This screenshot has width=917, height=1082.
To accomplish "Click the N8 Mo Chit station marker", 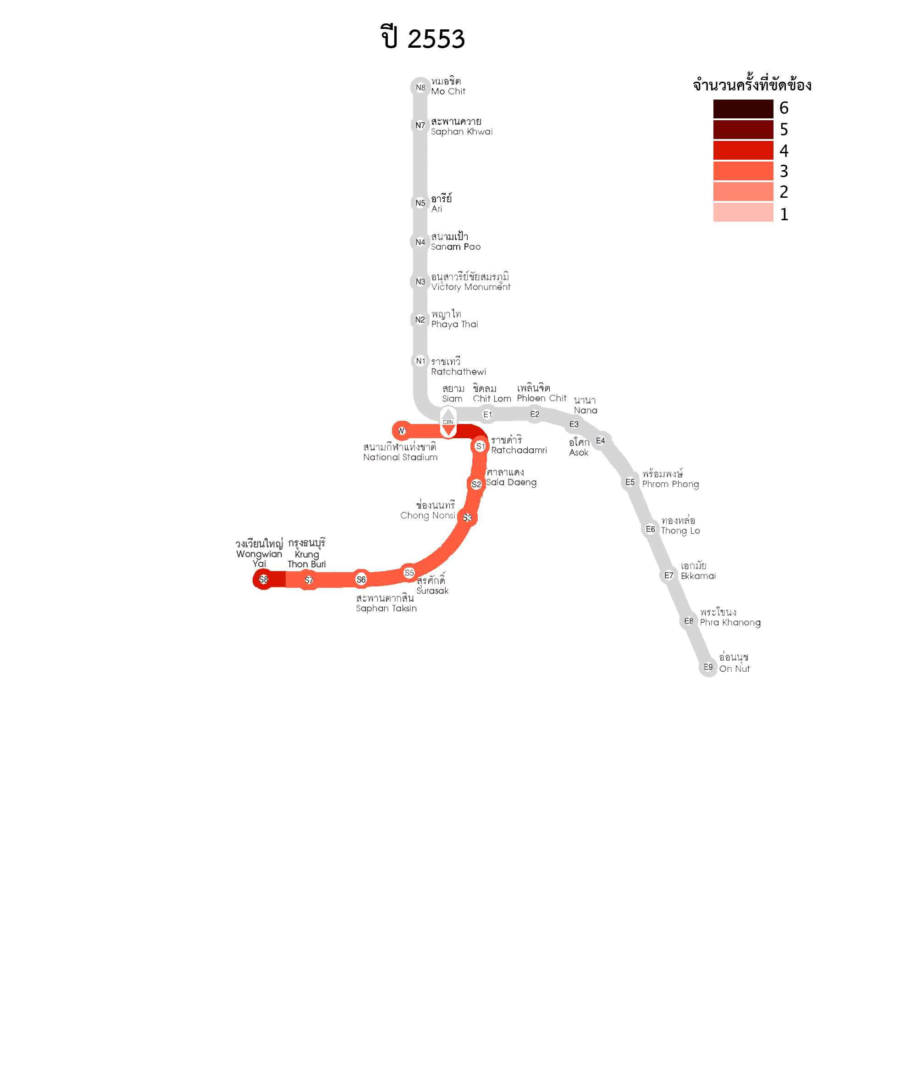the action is coord(420,87).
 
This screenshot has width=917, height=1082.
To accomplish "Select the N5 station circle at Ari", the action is coord(420,203).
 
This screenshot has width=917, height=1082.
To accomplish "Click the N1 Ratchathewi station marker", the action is coord(420,361).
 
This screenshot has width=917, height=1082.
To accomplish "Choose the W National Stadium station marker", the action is coord(401,431).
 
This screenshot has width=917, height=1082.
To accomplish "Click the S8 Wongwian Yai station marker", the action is coord(264,579).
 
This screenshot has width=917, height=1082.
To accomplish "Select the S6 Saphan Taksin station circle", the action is coord(361,579).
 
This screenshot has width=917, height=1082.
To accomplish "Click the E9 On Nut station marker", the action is coord(708,667).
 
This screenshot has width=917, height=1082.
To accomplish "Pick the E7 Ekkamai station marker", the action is coord(668,575).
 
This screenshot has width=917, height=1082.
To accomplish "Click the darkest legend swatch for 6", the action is coord(743,109).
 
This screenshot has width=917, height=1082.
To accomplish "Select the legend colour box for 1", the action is coord(743,213).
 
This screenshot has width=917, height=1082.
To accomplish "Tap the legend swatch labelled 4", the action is coord(743,151).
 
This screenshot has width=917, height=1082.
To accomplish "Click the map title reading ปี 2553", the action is coord(423,38).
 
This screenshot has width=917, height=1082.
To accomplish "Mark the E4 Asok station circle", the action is coord(601,441).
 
